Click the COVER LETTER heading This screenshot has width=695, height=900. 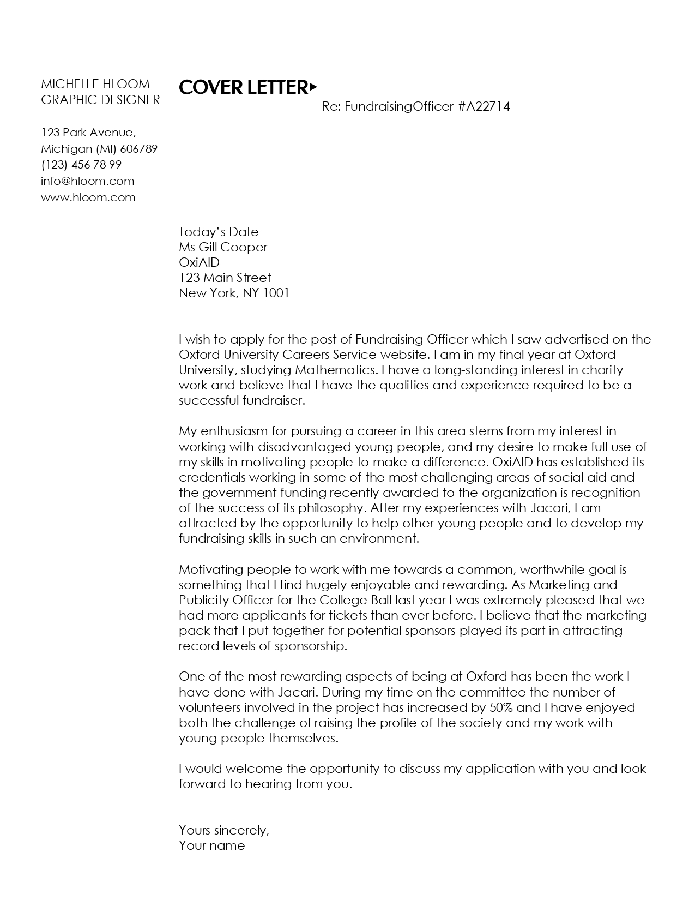point(243,87)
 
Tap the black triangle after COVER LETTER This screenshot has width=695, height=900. point(313,86)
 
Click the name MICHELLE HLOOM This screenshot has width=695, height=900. point(95,84)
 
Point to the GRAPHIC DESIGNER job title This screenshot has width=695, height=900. point(101,100)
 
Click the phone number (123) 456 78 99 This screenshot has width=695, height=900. point(81,165)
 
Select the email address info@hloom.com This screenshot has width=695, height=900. point(87,181)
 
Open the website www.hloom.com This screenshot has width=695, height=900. point(88,197)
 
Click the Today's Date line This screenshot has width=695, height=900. point(219,232)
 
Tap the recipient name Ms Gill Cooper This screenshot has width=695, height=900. point(223,247)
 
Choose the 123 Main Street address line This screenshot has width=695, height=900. point(225,278)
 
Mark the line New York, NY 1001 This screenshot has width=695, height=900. point(234,293)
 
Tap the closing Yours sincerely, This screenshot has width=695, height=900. point(224,830)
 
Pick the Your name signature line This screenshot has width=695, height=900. point(211,846)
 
